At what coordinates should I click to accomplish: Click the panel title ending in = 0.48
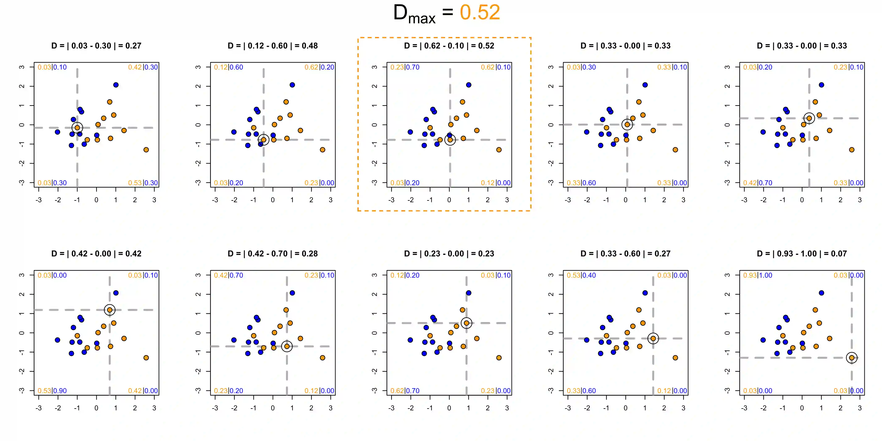pyautogui.click(x=273, y=46)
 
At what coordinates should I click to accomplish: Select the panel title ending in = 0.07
pyautogui.click(x=802, y=254)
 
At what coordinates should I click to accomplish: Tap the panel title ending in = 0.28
pyautogui.click(x=273, y=254)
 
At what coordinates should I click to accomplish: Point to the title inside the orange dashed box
pyautogui.click(x=449, y=46)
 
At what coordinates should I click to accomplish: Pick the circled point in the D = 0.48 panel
pyautogui.click(x=263, y=140)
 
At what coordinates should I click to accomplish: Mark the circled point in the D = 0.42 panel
pyautogui.click(x=110, y=310)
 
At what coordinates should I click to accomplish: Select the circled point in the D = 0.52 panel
pyautogui.click(x=450, y=140)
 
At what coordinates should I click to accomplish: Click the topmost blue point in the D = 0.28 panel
pyautogui.click(x=292, y=293)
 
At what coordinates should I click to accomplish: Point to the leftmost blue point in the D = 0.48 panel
pyautogui.click(x=234, y=132)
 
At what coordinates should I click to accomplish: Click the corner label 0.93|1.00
pyautogui.click(x=758, y=275)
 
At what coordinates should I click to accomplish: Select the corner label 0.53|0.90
pyautogui.click(x=52, y=391)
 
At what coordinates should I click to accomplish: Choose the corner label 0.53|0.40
pyautogui.click(x=581, y=275)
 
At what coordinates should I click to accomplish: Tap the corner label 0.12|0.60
pyautogui.click(x=228, y=67)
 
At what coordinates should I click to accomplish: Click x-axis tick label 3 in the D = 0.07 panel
pyautogui.click(x=859, y=408)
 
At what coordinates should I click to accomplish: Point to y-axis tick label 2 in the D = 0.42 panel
pyautogui.click(x=22, y=294)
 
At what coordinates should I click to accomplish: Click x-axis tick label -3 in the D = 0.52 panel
pyautogui.click(x=391, y=200)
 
